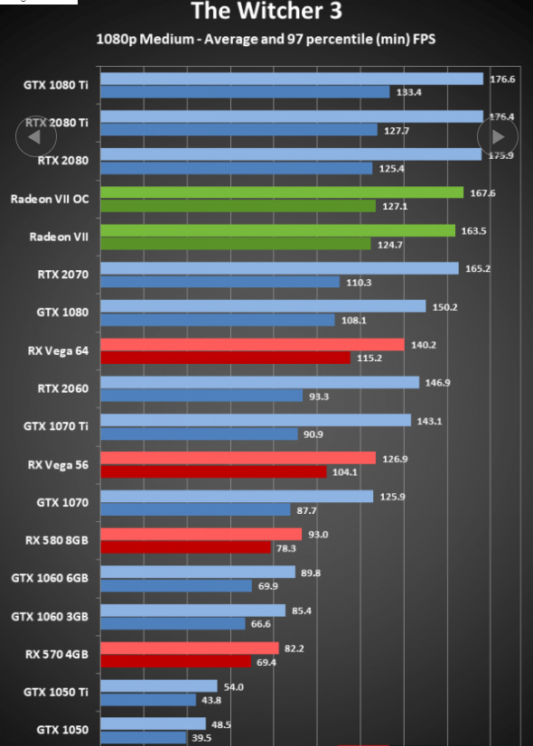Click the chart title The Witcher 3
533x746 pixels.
266,11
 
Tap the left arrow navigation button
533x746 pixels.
36,136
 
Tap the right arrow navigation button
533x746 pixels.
497,136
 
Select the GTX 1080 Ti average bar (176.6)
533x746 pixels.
292,79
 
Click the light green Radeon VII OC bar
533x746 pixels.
282,192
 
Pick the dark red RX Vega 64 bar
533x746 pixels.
225,358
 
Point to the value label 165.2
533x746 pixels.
478,269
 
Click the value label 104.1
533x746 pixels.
345,472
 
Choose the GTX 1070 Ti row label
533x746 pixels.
56,426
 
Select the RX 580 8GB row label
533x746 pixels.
57,540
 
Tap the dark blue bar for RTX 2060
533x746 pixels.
201,396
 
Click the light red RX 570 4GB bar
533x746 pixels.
190,648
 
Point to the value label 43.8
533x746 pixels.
211,700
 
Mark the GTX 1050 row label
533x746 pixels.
62,730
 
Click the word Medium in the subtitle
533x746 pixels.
166,39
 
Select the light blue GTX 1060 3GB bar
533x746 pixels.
192,611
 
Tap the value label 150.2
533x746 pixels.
445,307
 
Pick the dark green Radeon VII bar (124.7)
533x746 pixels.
236,244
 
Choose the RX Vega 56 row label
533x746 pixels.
58,465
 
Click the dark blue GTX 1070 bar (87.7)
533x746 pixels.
195,510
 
